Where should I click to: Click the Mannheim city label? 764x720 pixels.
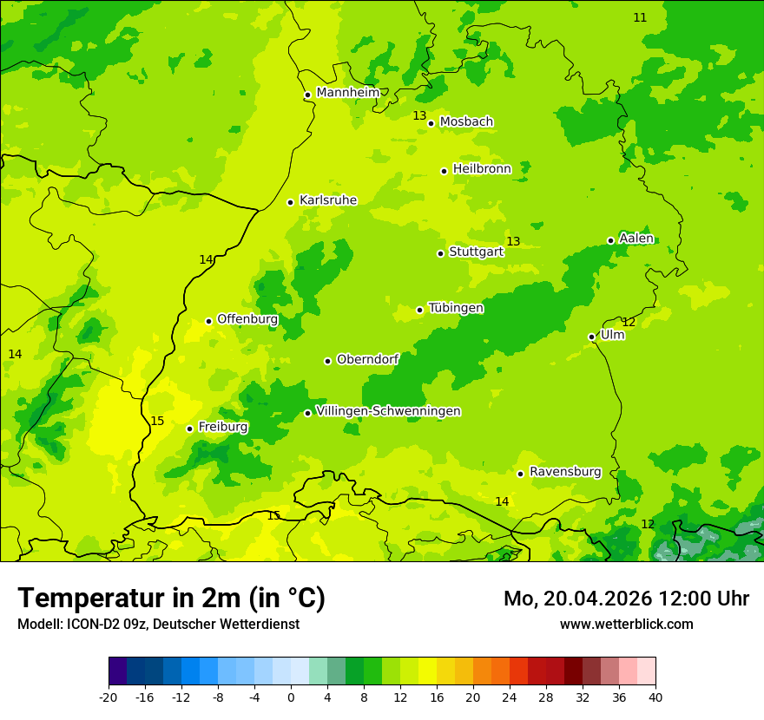point(347,93)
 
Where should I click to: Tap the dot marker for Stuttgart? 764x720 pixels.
point(440,253)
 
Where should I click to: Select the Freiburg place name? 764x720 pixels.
point(222,427)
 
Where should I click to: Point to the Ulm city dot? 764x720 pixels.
point(591,337)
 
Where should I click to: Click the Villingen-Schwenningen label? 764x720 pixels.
point(388,411)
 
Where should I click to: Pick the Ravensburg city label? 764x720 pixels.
point(564,472)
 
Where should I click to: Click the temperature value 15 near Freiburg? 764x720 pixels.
point(157,422)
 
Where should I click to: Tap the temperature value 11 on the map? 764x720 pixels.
point(640,17)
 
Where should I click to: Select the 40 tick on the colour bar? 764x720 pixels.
point(655,697)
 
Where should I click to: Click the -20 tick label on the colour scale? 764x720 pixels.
point(109,697)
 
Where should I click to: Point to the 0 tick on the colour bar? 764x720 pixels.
point(291,697)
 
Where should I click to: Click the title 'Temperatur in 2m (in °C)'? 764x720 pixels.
point(171,599)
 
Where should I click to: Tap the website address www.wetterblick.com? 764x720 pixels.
point(626,625)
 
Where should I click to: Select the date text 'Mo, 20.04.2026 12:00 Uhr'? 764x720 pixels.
point(626,599)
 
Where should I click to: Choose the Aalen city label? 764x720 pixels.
point(636,239)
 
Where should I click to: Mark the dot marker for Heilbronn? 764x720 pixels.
point(444,171)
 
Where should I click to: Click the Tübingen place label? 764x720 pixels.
point(456,308)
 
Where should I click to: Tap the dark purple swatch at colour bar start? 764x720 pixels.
point(117,671)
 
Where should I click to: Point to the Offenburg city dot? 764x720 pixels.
point(208,321)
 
